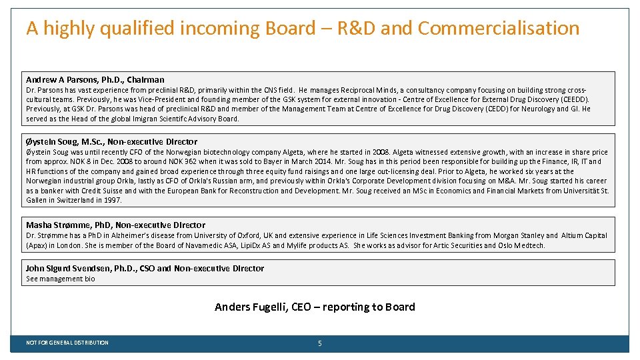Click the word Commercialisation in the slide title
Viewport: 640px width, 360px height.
pyautogui.click(x=499, y=28)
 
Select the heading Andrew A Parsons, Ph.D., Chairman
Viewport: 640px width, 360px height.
pyautogui.click(x=95, y=79)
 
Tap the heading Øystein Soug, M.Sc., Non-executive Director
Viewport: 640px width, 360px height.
pyautogui.click(x=111, y=141)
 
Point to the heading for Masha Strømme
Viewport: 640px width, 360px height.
pyautogui.click(x=115, y=225)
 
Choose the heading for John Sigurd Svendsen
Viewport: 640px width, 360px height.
pyautogui.click(x=145, y=268)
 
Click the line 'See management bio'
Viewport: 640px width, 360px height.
pyautogui.click(x=60, y=279)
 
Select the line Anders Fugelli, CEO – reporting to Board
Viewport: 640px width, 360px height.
pyautogui.click(x=315, y=307)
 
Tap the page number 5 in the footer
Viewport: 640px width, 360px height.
pyautogui.click(x=320, y=343)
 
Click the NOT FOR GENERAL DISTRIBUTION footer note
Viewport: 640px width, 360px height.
pyautogui.click(x=67, y=343)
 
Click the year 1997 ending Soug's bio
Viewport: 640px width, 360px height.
pyautogui.click(x=113, y=200)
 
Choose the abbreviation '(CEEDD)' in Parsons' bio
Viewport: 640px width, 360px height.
pyautogui.click(x=573, y=99)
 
